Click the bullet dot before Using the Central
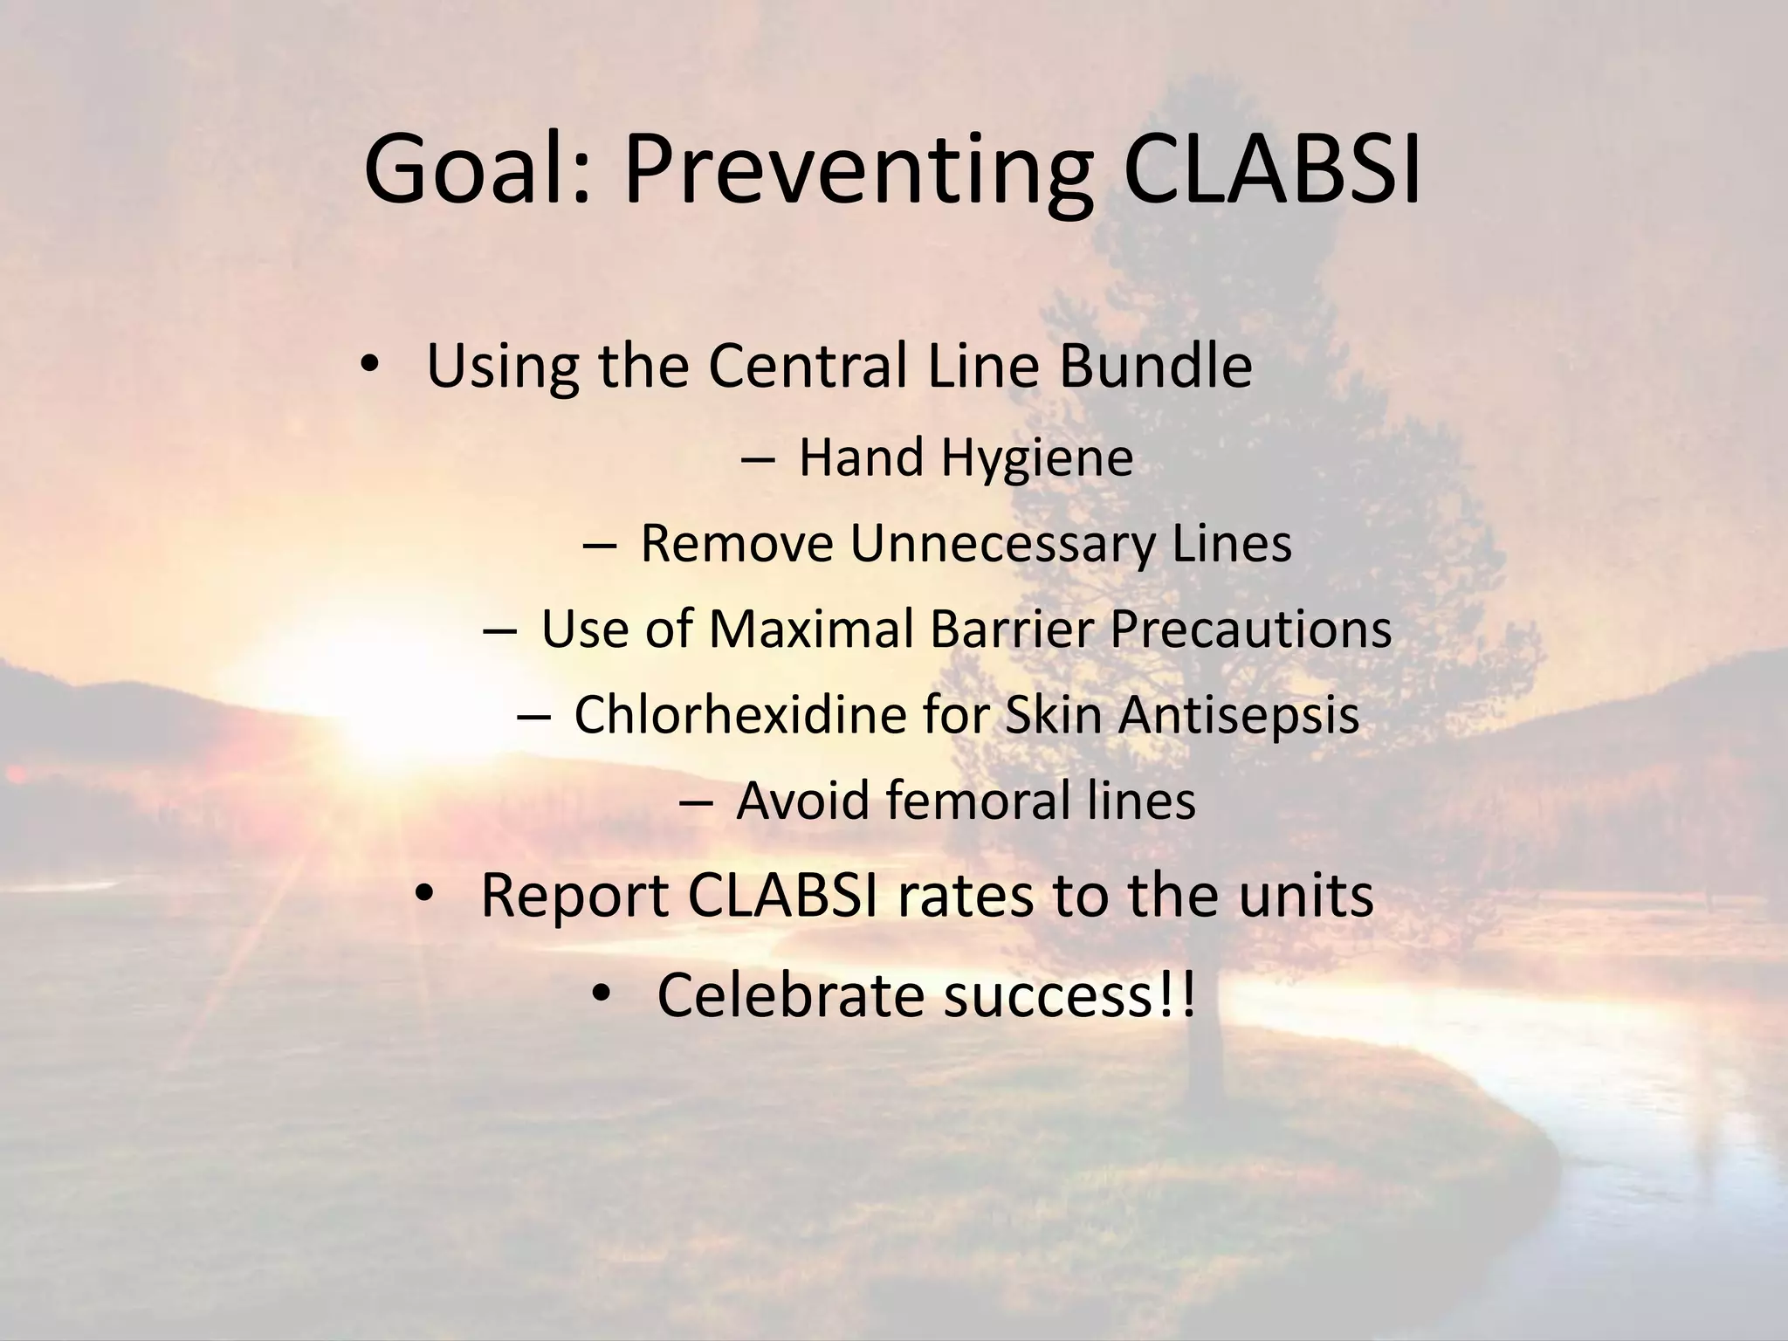click(369, 367)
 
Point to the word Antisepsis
click(1238, 714)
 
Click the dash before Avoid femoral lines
click(693, 801)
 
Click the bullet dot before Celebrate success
click(601, 996)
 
